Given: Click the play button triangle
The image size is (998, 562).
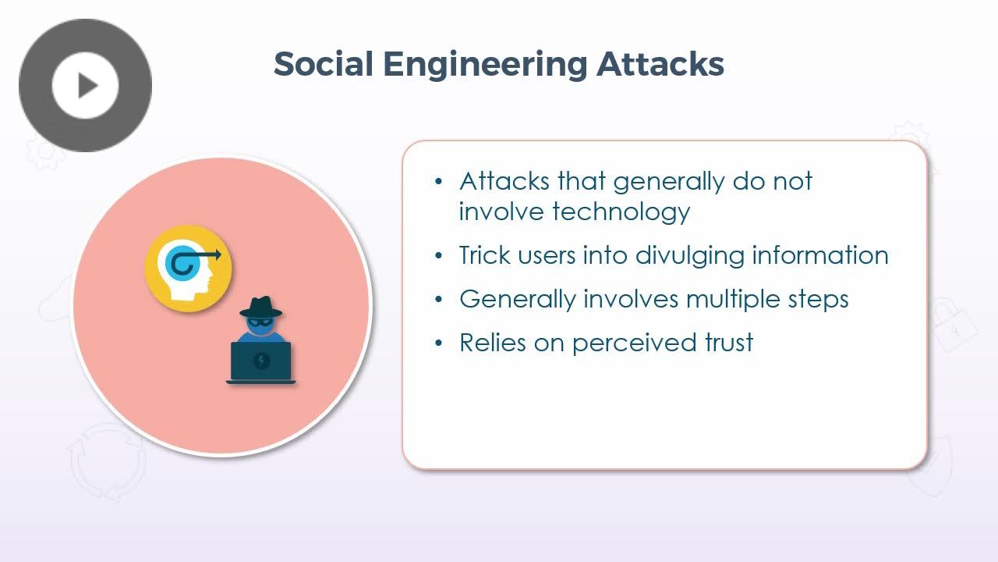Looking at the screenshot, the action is (x=87, y=85).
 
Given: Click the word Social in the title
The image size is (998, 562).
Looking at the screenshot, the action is (x=324, y=64).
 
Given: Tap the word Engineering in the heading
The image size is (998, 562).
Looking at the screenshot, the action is (x=485, y=66).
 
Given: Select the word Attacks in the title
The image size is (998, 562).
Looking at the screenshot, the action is (x=660, y=64).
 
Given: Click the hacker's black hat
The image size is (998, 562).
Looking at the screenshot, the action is (x=260, y=308).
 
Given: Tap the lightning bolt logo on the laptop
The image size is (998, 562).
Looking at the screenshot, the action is (x=261, y=360).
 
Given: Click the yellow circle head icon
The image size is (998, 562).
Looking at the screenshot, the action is (x=188, y=269).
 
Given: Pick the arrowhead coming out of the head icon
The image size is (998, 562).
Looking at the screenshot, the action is (x=217, y=255).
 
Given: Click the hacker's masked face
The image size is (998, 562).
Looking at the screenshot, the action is (x=260, y=325).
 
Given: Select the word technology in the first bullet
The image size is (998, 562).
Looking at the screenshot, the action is (x=621, y=212).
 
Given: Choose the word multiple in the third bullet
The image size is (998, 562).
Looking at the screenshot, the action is (x=734, y=300).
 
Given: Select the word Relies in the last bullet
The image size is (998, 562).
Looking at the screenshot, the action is (x=493, y=343).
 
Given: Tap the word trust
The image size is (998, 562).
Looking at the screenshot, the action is (x=729, y=343).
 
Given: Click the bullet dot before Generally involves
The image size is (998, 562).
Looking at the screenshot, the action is (x=438, y=299).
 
